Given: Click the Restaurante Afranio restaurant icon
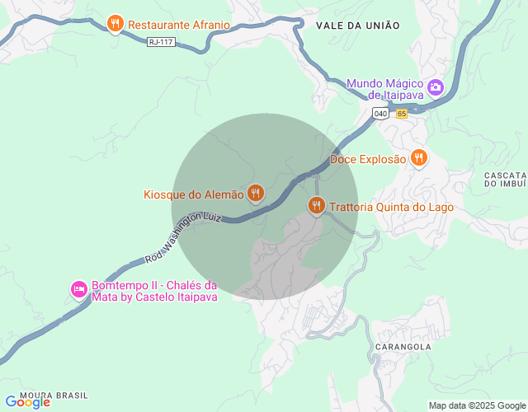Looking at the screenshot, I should pos(115,23).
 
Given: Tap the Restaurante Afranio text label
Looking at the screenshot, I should pos(179,25).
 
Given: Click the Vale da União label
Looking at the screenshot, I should pos(357,26).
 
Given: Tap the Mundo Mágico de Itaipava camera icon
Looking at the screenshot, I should pos(435,86).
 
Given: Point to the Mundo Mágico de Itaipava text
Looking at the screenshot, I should pos(384,89).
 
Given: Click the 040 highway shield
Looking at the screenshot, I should pos(380,114).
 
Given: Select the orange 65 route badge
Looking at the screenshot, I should pos(401,114).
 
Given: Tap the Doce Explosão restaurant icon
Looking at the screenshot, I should pos(419,157).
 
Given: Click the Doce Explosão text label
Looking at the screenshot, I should pos(369,159).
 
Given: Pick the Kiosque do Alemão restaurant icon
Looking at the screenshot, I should pos(256,194).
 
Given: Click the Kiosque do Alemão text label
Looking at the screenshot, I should pos(194,195).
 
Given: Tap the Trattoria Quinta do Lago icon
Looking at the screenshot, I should pos(316,205).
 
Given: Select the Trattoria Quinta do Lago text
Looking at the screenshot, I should pos(391,207).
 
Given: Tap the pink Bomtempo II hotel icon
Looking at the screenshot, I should pos(79,289).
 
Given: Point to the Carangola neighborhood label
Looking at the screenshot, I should pos(404,347).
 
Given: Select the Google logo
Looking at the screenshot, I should pos(28,402).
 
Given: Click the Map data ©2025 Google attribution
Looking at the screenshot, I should pos(476,405).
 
